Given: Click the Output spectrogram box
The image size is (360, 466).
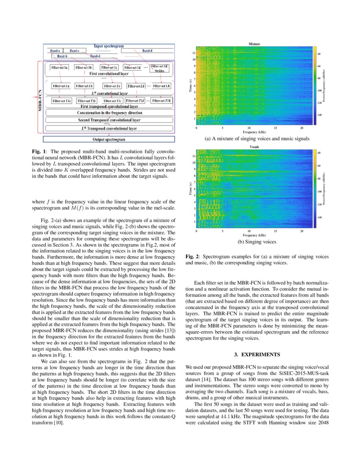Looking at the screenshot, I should pyautogui.click(x=109, y=139).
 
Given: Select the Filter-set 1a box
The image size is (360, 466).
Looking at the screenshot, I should pyautogui.click(x=60, y=67).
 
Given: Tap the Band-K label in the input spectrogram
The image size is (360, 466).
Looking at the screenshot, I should pyautogui.click(x=148, y=50).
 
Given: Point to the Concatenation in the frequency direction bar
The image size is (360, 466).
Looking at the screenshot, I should pyautogui.click(x=109, y=113).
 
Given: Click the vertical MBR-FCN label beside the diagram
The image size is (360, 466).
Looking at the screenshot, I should pyautogui.click(x=39, y=97).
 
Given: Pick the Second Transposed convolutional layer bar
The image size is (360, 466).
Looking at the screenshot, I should pyautogui.click(x=109, y=120).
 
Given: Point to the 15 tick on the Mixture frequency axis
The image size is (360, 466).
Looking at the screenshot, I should pyautogui.click(x=275, y=128).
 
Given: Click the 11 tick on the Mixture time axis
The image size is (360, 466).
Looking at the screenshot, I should pyautogui.click(x=193, y=53).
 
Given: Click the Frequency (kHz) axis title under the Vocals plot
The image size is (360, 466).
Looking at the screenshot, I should pyautogui.click(x=254, y=235).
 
